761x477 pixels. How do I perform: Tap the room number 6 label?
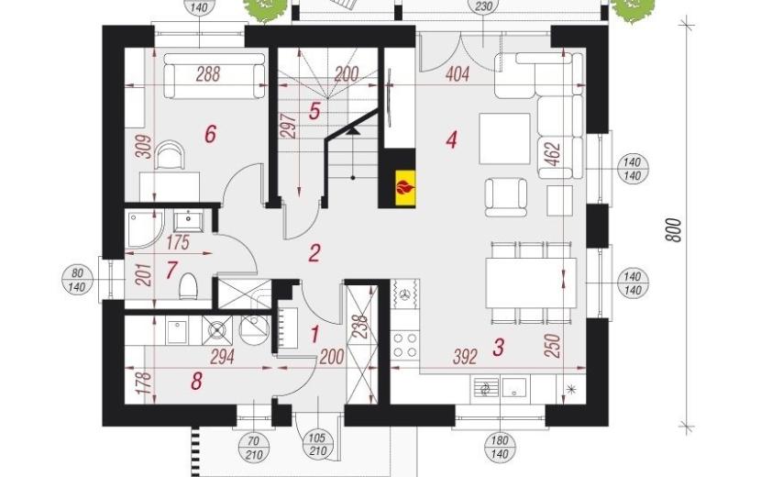point(210,134)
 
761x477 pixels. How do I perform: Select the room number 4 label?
point(451,140)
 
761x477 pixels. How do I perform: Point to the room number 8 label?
point(196,382)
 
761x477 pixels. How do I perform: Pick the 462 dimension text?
point(555,153)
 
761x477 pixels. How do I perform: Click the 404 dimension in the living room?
point(458,74)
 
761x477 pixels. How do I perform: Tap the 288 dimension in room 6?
point(208,73)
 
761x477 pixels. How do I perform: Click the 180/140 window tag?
point(500,448)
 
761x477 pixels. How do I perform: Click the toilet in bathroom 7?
point(188,286)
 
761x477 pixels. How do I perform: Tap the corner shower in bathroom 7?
point(145,229)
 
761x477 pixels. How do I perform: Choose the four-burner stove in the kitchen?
point(405,345)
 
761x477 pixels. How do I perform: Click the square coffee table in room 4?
point(504,139)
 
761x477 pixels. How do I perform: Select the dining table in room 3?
point(532,283)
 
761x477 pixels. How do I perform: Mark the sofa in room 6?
point(215,76)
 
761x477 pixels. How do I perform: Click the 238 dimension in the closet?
point(359,327)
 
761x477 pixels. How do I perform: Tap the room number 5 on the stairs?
point(314,111)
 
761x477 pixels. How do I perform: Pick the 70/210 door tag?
point(254,448)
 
